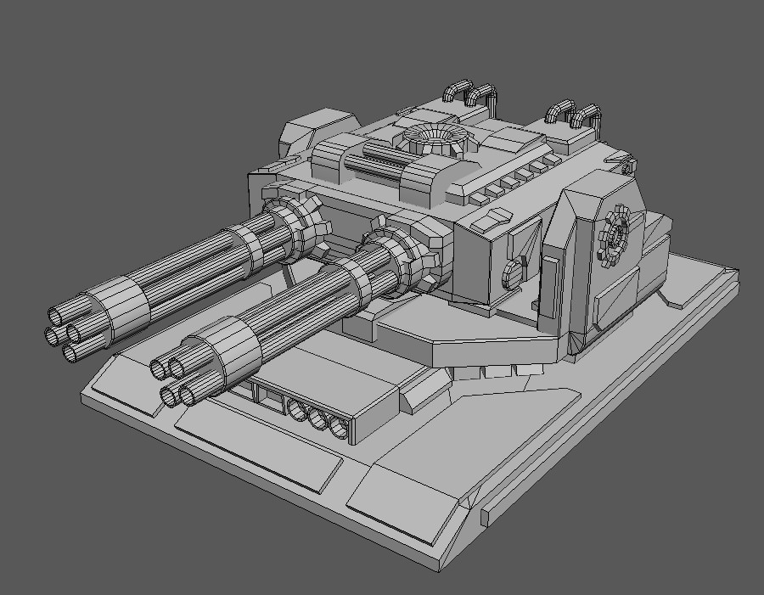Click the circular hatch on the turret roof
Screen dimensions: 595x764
[x=434, y=135]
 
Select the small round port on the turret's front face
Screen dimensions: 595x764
[x=513, y=272]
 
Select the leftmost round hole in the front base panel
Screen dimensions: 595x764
[x=298, y=411]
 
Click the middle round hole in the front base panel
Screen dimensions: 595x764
[x=319, y=418]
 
